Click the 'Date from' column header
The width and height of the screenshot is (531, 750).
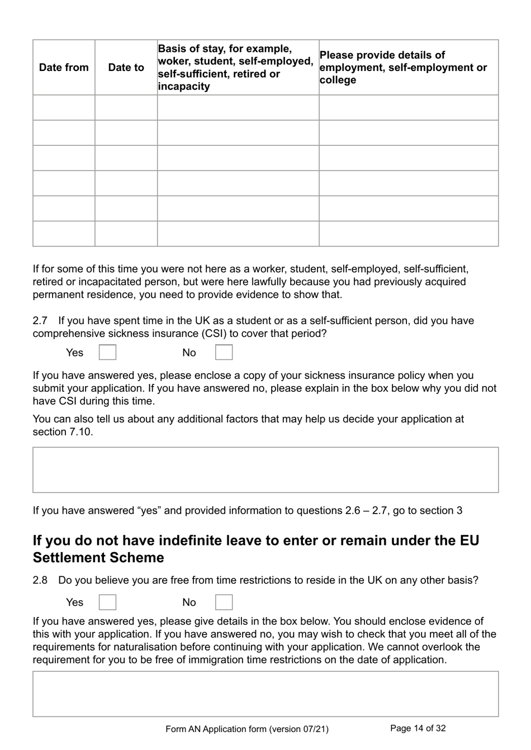pyautogui.click(x=64, y=68)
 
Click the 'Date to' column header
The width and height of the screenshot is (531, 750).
pyautogui.click(x=126, y=68)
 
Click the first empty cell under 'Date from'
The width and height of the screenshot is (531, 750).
pyautogui.click(x=64, y=107)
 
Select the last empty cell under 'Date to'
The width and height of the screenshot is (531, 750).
pyautogui.click(x=126, y=234)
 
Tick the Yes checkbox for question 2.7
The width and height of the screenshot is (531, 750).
pyautogui.click(x=107, y=353)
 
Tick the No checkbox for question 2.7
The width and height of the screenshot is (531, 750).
pyautogui.click(x=224, y=353)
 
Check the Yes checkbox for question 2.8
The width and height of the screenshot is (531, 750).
pyautogui.click(x=107, y=602)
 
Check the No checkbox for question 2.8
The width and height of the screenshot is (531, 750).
pyautogui.click(x=224, y=602)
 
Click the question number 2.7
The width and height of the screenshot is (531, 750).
pyautogui.click(x=40, y=321)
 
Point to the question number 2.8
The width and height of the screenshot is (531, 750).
pyautogui.click(x=40, y=580)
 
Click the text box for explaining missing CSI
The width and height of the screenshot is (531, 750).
pyautogui.click(x=265, y=469)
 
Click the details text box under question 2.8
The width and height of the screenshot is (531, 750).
pyautogui.click(x=265, y=694)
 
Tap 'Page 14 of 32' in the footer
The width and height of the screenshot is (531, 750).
pyautogui.click(x=418, y=728)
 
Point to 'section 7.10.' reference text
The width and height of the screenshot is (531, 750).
pyautogui.click(x=63, y=432)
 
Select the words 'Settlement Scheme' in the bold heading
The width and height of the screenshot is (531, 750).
pyautogui.click(x=98, y=558)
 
